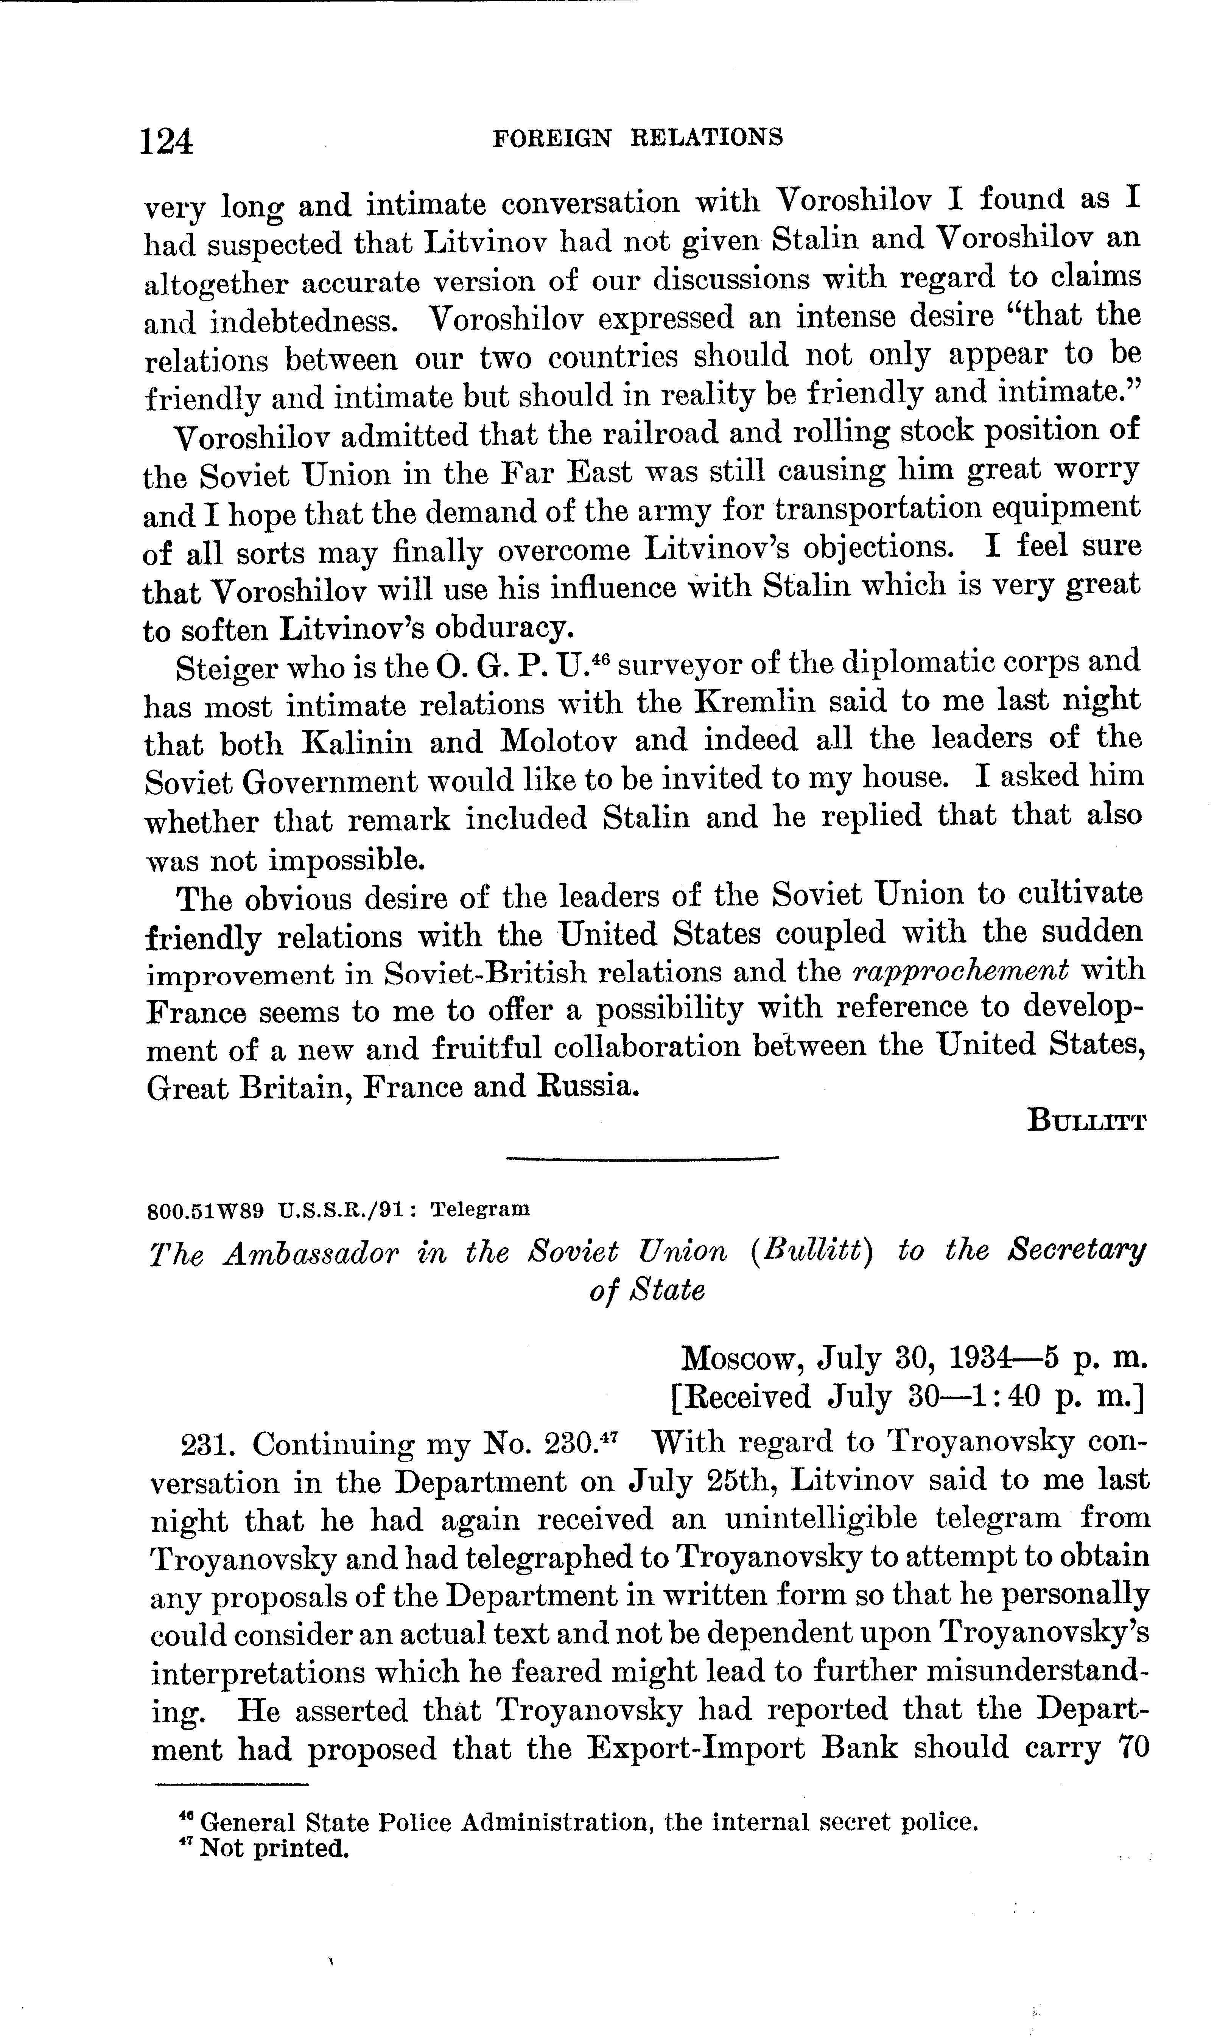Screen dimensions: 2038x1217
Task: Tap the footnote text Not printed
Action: pyautogui.click(x=275, y=1849)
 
